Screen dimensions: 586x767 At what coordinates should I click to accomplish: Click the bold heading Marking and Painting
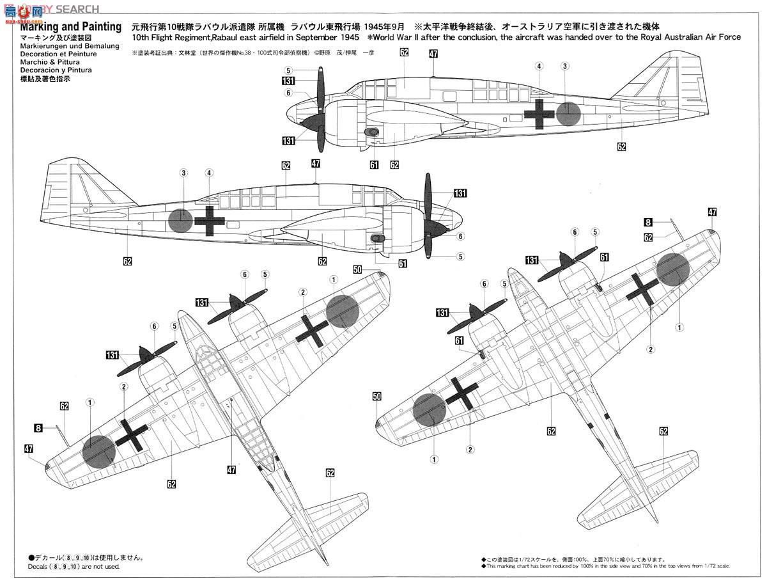click(x=70, y=27)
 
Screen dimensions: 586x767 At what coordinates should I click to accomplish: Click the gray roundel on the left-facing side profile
click(x=568, y=113)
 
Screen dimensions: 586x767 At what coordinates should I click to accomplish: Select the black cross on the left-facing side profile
click(x=538, y=114)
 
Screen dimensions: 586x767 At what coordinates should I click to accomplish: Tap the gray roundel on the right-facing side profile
click(x=181, y=221)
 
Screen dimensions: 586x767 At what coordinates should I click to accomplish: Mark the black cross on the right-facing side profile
click(x=210, y=221)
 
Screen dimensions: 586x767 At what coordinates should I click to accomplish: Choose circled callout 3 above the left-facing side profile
click(x=565, y=66)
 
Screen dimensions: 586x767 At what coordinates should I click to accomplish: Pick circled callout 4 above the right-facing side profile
click(x=209, y=173)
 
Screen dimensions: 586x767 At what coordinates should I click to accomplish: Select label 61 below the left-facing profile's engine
click(x=374, y=165)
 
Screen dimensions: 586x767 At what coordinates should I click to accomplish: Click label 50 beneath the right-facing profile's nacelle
click(x=357, y=269)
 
